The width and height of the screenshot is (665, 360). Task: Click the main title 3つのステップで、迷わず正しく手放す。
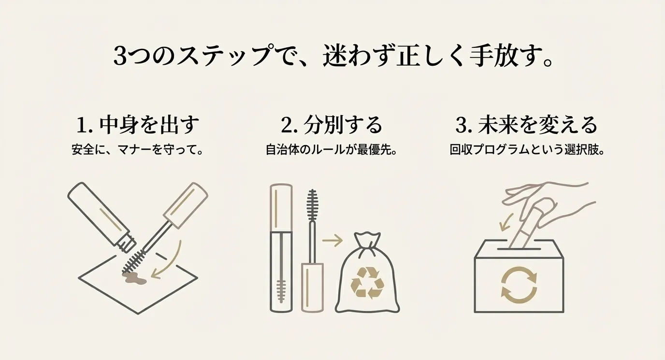[332, 56]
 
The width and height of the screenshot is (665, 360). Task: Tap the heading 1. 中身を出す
[138, 125]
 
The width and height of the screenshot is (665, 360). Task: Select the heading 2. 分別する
[332, 125]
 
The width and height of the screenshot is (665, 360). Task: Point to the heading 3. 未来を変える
[526, 125]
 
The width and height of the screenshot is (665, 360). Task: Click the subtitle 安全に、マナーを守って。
[138, 150]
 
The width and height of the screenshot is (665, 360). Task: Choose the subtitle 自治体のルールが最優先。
[332, 150]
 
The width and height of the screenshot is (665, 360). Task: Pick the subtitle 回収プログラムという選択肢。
[527, 150]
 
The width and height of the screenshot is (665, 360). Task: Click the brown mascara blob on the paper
[134, 278]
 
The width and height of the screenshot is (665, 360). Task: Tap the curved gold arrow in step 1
[171, 265]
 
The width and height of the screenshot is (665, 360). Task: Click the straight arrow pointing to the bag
[332, 241]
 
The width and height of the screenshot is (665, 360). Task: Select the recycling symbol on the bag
[367, 283]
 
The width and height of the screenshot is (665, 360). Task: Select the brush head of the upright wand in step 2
[312, 205]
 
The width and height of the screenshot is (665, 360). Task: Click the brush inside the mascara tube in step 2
[281, 291]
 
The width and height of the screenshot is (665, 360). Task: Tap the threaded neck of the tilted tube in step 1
[126, 243]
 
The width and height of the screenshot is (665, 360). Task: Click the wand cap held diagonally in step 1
[186, 205]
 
